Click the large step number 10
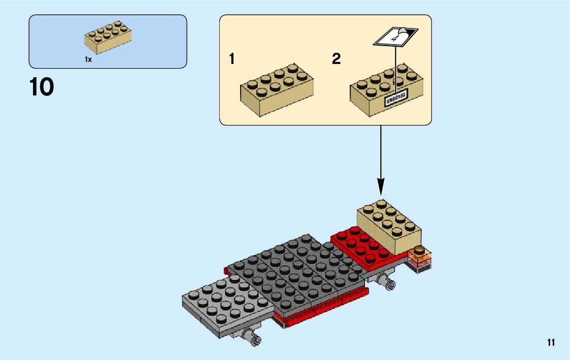click(42, 87)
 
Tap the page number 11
click(551, 343)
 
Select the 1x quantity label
click(88, 59)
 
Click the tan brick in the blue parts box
click(108, 37)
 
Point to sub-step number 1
click(232, 59)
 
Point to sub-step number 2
click(336, 59)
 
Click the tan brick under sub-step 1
click(276, 89)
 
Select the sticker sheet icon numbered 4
click(396, 37)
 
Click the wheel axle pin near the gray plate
click(252, 336)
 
